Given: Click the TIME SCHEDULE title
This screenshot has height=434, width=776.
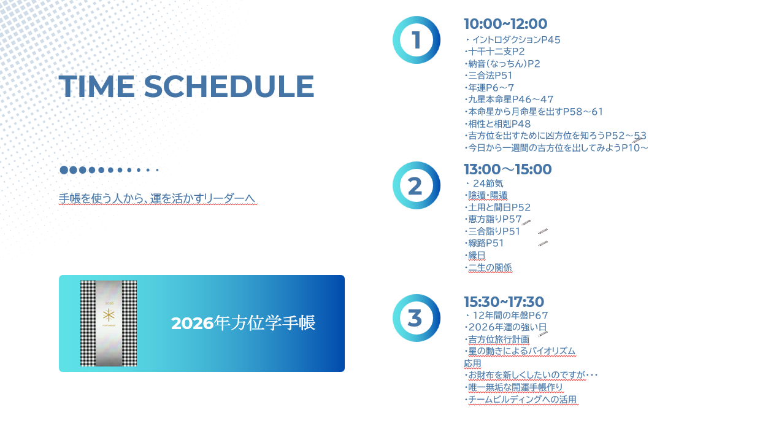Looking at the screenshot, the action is [186, 87].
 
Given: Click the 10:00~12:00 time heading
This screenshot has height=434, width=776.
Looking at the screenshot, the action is [505, 24].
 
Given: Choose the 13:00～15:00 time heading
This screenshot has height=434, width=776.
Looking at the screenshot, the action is [507, 169].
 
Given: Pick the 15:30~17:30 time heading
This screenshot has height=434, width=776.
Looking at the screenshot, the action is [504, 302].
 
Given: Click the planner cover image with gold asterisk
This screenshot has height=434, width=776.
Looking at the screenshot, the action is [109, 324].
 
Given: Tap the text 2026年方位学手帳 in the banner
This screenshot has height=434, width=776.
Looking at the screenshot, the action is [243, 323].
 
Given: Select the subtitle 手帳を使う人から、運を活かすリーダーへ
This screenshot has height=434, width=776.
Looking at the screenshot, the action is [157, 198].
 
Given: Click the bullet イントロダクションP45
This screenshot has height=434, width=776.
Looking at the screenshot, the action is [513, 40].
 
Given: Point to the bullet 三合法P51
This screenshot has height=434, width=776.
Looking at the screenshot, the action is [488, 76].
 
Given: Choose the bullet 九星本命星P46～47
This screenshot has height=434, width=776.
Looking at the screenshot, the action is [509, 99].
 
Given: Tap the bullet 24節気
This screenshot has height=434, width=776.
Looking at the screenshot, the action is [485, 184].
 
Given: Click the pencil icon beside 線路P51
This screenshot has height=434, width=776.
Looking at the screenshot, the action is [543, 243].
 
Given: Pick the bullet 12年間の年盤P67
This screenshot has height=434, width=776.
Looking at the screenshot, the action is [507, 316].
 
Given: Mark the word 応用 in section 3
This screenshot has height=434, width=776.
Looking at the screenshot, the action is [472, 363].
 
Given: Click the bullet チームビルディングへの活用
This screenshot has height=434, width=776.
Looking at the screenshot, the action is [521, 400].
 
